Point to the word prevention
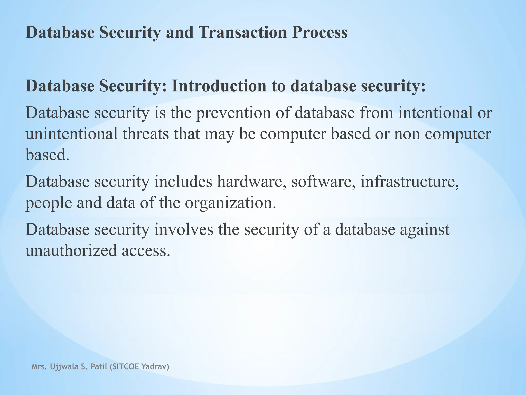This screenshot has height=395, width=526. [x=233, y=113]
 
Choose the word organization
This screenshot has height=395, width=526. [x=230, y=203]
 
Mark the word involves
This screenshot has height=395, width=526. [x=184, y=229]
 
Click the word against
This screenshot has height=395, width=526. [x=425, y=229]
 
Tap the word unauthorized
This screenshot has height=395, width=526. [x=71, y=250]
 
